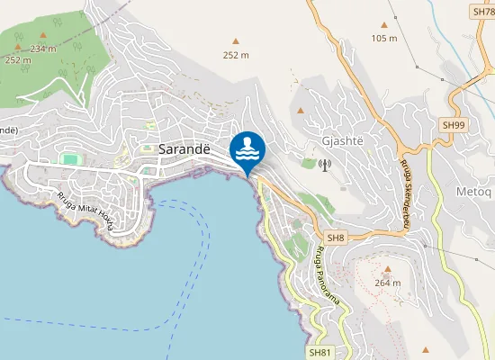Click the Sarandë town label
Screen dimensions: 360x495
[184, 149]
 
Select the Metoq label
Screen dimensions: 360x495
[472, 166]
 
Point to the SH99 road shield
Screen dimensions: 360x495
[452, 124]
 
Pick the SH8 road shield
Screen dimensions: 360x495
[336, 238]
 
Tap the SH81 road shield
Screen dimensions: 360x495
[319, 352]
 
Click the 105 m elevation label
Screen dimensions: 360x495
[384, 38]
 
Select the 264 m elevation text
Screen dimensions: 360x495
[388, 283]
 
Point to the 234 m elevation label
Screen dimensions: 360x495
[43, 49]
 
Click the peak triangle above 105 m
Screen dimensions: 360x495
[384, 25]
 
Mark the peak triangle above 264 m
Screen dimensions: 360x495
[388, 269]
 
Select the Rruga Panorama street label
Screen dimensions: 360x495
[326, 274]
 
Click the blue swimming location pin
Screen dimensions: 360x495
[247, 148]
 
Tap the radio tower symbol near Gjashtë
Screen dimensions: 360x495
[325, 165]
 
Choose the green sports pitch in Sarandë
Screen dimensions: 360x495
[68, 159]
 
